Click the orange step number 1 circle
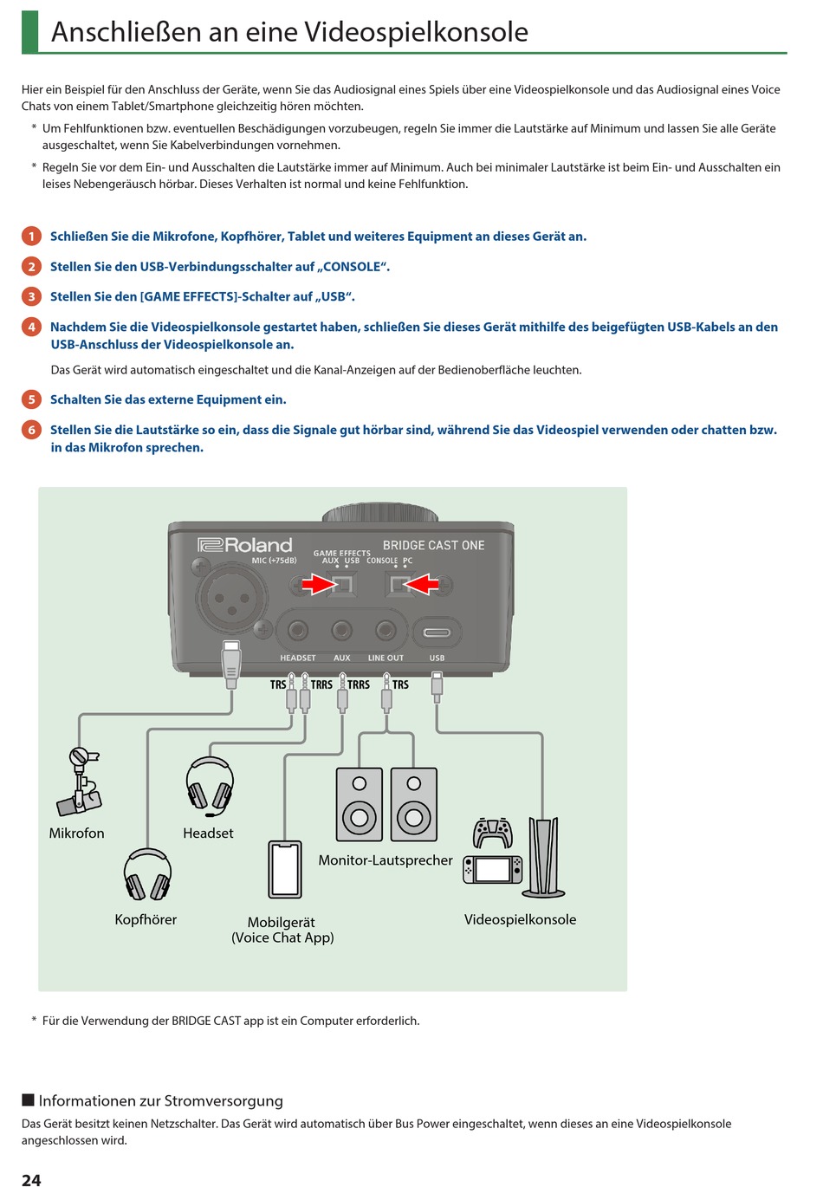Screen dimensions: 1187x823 coord(31,237)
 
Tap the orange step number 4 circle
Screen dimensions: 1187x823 coord(31,327)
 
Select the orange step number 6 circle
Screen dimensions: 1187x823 coord(31,430)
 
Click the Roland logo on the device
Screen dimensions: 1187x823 coord(245,545)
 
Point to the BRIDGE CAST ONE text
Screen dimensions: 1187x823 coord(433,545)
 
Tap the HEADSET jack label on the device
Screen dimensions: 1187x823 coord(297,658)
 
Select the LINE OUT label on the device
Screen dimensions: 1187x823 coord(386,658)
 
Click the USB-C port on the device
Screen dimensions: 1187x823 coord(437,632)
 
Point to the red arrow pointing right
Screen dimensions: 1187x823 coord(320,586)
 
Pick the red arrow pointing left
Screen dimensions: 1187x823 coord(423,586)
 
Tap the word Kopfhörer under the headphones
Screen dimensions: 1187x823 coord(146,919)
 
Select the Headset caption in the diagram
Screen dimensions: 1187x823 coord(208,833)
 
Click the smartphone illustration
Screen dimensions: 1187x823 coord(285,869)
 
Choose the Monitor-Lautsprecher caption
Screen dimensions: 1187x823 coord(386,860)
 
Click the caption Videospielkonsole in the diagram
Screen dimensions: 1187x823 coord(520,919)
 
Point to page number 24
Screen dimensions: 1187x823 coord(31,1179)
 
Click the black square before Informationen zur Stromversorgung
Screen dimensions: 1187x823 coord(28,1100)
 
